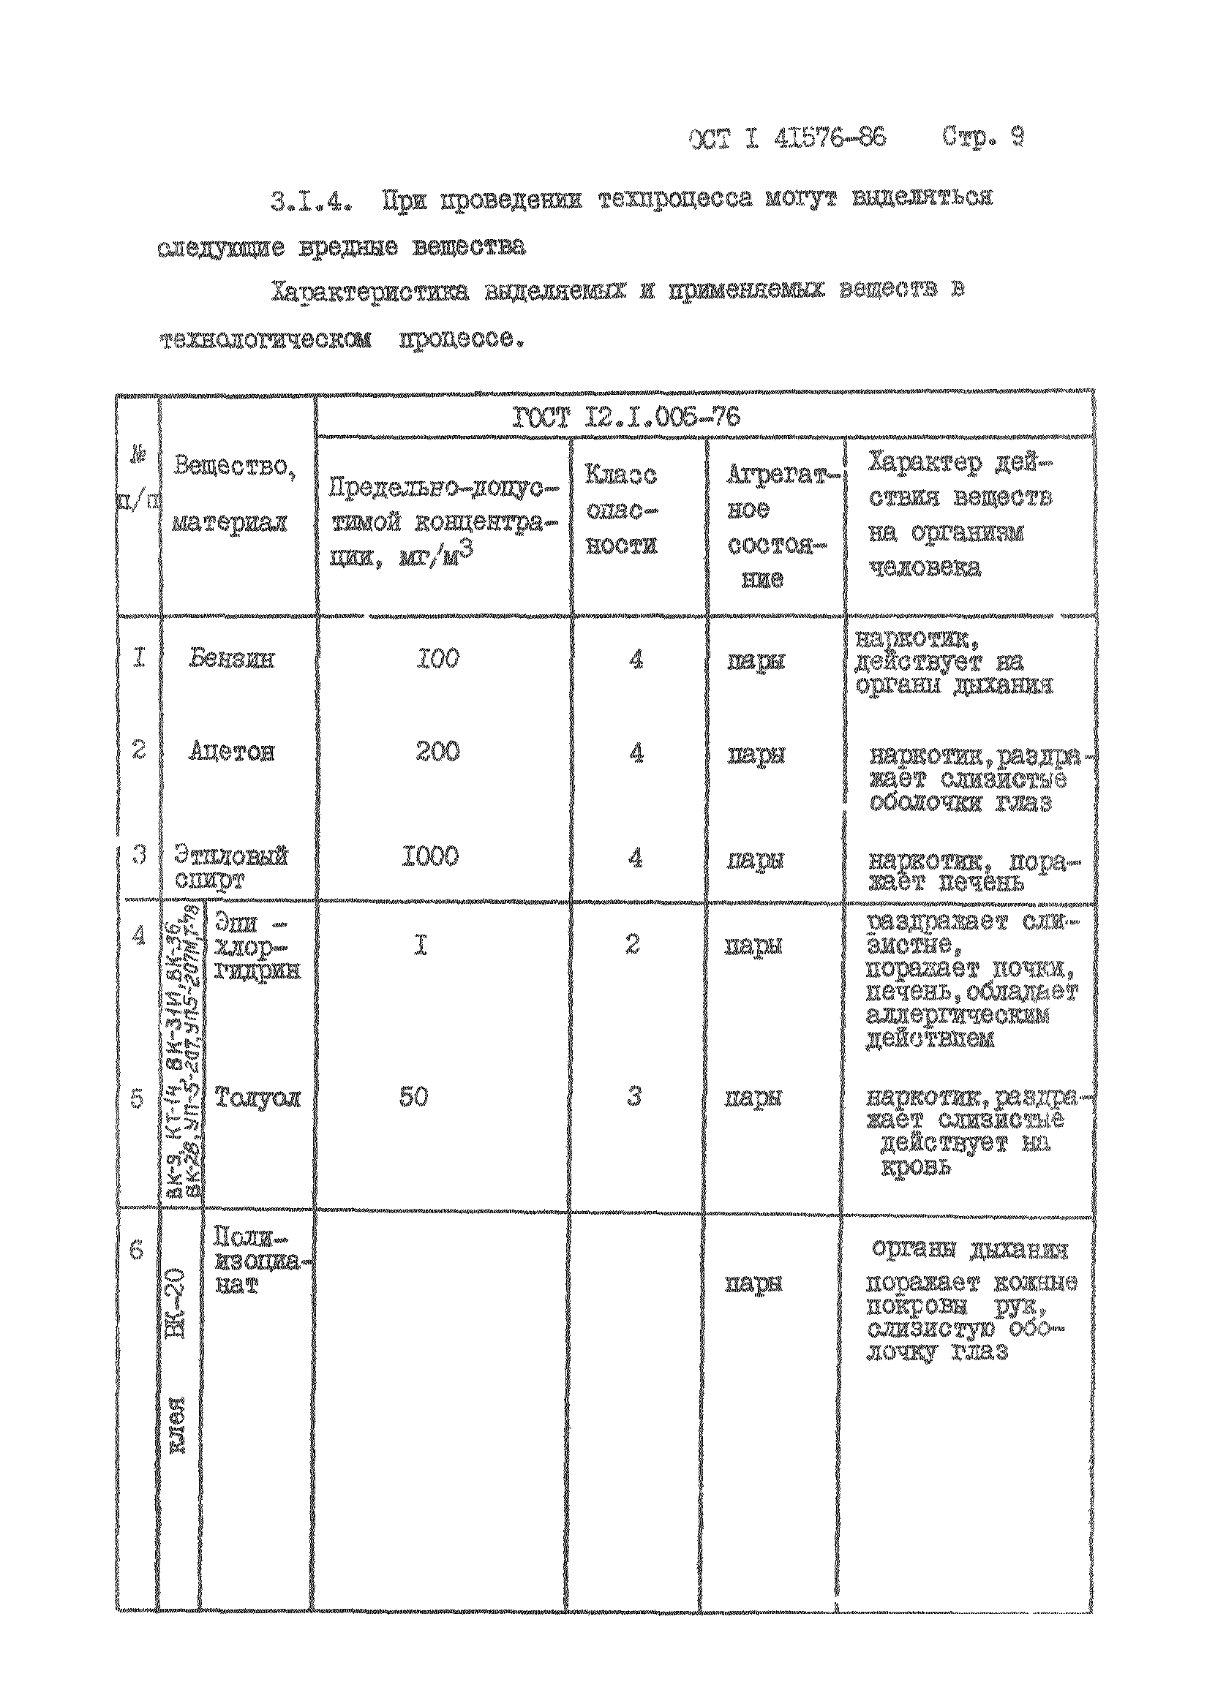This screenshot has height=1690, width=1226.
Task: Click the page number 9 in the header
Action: pyautogui.click(x=1016, y=139)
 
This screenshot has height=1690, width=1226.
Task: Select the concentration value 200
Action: pyautogui.click(x=437, y=752)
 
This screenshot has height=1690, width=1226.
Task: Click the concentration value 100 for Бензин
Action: pyautogui.click(x=437, y=659)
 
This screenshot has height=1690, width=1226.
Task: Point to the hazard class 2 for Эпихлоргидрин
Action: pyautogui.click(x=632, y=945)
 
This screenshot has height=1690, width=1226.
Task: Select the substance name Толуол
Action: pyautogui.click(x=257, y=1098)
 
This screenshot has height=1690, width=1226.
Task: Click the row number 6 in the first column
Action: pyautogui.click(x=136, y=1249)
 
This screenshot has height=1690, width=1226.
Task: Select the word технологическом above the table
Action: pyautogui.click(x=265, y=341)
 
